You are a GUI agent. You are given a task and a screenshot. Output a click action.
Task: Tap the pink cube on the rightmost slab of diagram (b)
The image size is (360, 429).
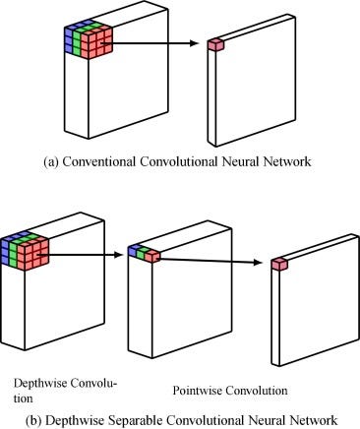278,263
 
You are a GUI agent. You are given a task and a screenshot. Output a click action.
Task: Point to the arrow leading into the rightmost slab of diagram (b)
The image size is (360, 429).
216,259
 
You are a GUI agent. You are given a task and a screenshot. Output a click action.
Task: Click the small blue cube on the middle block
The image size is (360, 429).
134,252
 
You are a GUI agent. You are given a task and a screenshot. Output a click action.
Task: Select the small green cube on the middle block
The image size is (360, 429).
144,253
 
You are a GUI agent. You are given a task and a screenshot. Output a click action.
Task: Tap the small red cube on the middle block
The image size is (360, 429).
154,254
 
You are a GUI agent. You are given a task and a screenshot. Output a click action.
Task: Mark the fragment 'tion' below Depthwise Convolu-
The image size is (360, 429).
25,398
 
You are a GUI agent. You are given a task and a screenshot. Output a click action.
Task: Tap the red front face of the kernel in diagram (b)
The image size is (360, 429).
33,253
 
